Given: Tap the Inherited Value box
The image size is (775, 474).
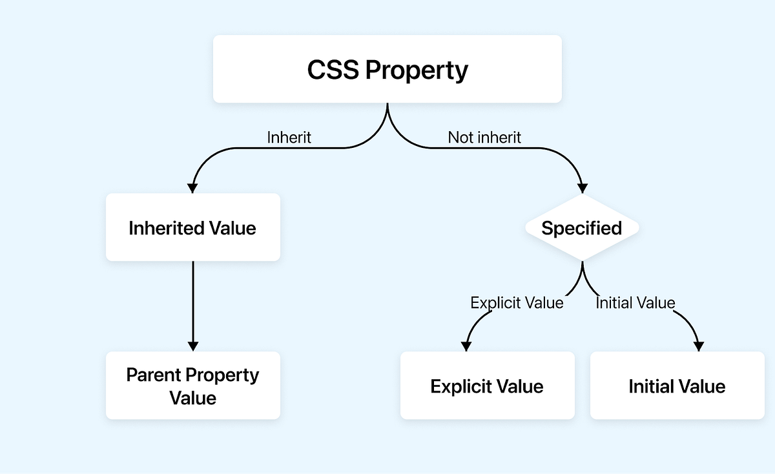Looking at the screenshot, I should [x=192, y=227].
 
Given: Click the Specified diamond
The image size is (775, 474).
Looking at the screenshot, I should [x=581, y=228].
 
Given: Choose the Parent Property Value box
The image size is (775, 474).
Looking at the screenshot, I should [x=192, y=386].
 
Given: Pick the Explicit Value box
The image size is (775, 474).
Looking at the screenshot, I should [x=487, y=386].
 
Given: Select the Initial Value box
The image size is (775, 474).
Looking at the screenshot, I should [x=677, y=386].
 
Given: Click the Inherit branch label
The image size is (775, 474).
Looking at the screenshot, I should [x=289, y=138].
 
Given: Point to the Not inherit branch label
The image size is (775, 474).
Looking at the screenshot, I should [x=484, y=138].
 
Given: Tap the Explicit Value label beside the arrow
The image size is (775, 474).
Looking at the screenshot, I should [x=517, y=303].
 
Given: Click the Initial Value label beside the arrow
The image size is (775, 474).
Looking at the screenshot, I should [x=635, y=303].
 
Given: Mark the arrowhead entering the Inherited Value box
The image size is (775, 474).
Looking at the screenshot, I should [x=192, y=187].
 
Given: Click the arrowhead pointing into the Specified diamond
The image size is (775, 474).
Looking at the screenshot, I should [x=582, y=187].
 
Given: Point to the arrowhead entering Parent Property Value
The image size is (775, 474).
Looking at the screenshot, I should [x=192, y=345].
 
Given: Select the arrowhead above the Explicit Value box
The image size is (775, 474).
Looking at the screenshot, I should [x=466, y=345].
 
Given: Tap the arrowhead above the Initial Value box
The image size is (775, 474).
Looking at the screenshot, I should [x=698, y=345].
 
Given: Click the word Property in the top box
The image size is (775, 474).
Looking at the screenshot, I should [x=417, y=70].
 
